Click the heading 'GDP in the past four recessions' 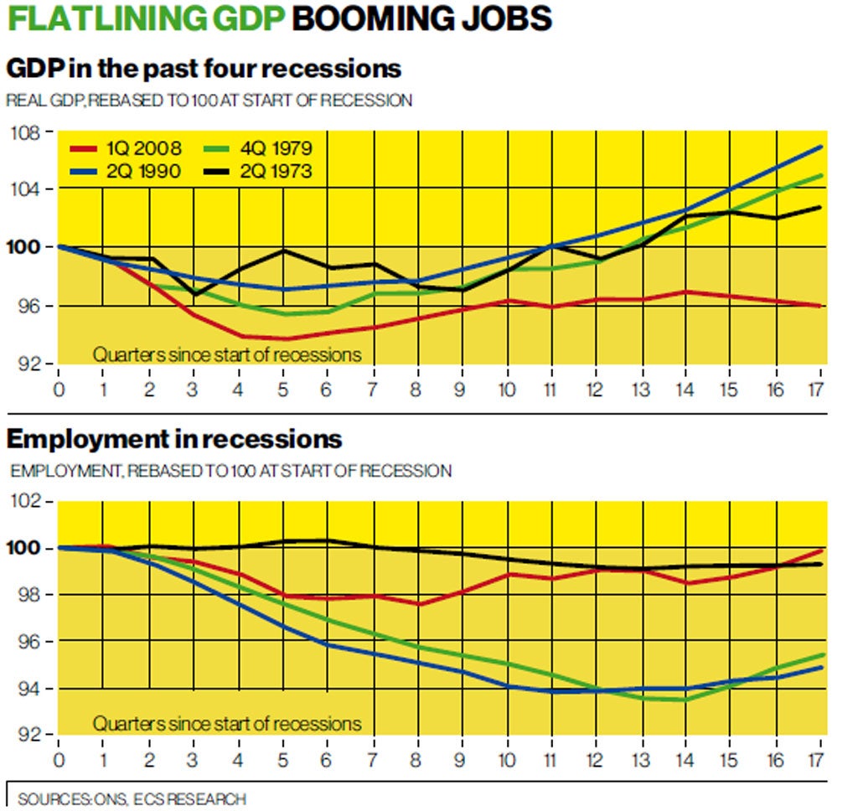pyautogui.click(x=204, y=67)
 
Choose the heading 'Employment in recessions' pyautogui.click(x=174, y=439)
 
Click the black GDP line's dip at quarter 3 pyautogui.click(x=193, y=295)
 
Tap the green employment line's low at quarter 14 pyautogui.click(x=686, y=700)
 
